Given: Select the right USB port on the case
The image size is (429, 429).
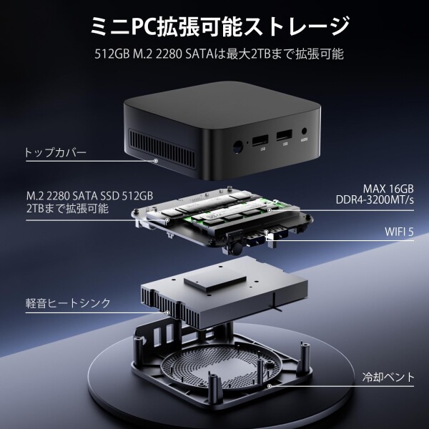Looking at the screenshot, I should pyautogui.click(x=284, y=134).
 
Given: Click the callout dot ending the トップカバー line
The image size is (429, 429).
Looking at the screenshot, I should pyautogui.click(x=155, y=161).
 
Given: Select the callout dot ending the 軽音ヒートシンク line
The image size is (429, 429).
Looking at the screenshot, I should pyautogui.click(x=167, y=312).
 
